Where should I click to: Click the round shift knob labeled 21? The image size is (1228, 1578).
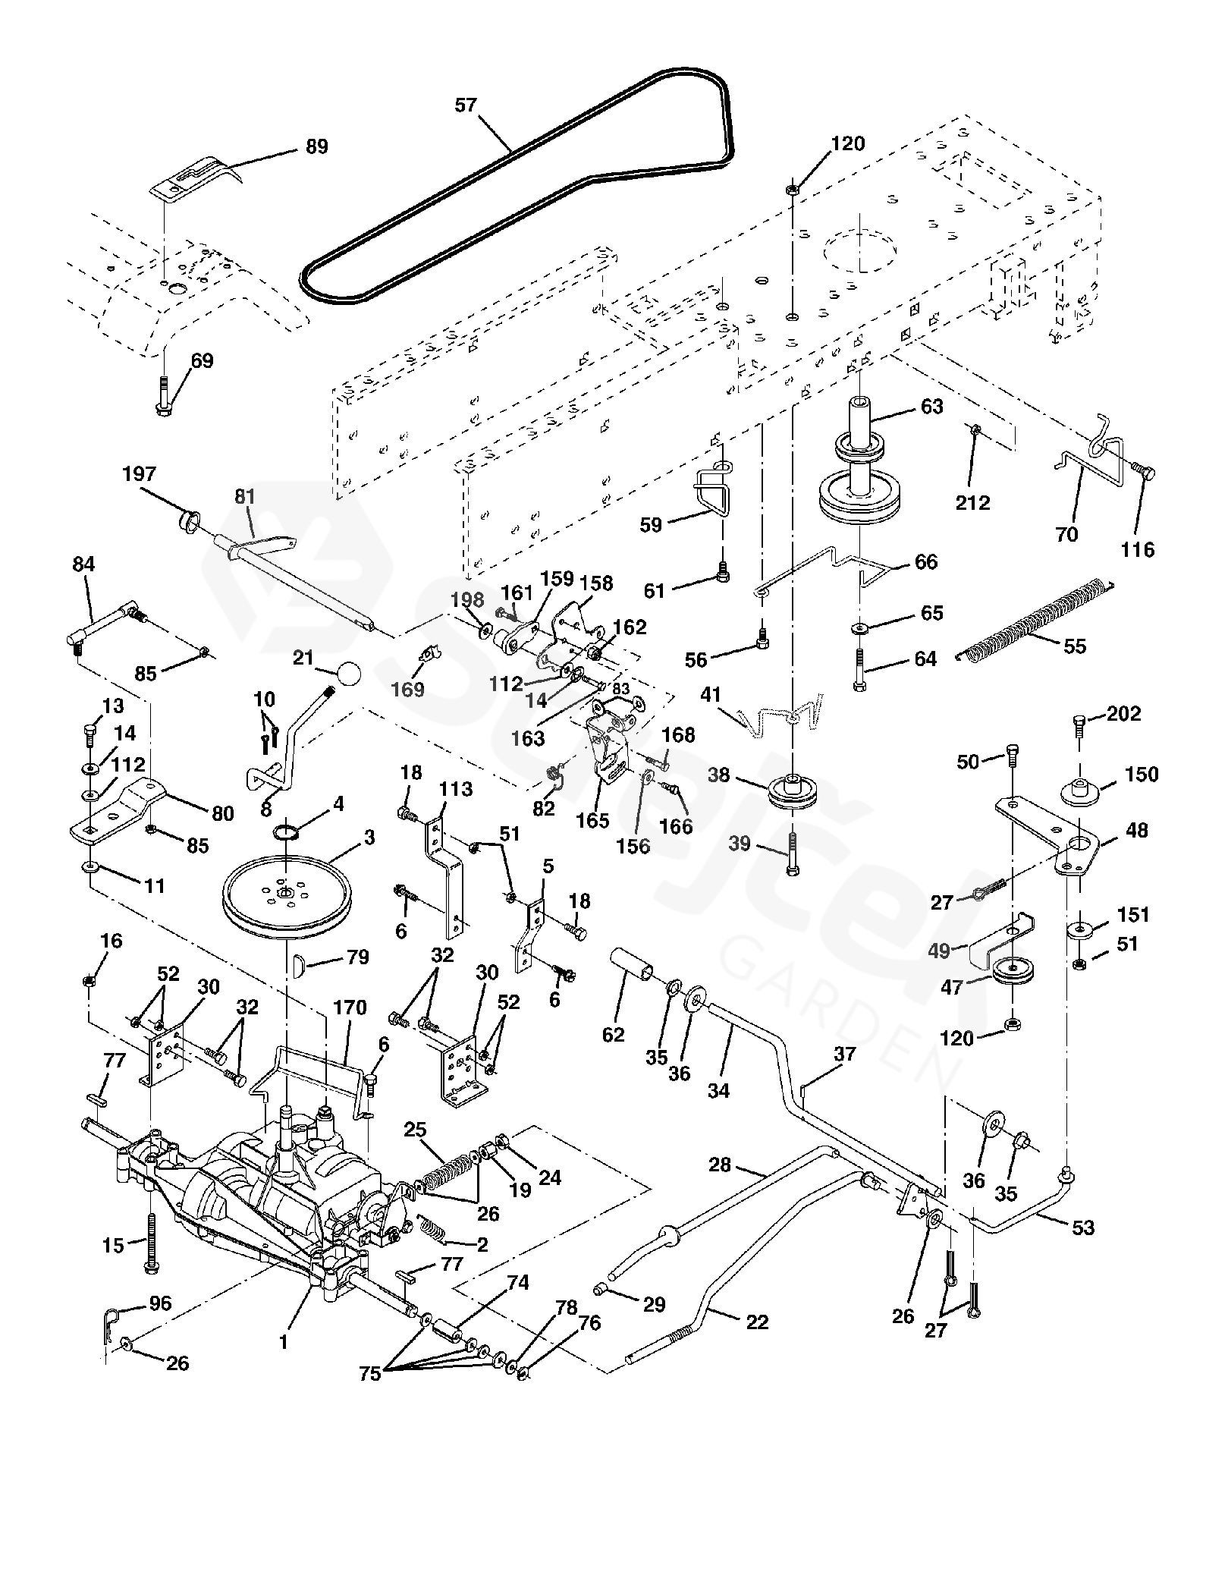pyautogui.click(x=348, y=672)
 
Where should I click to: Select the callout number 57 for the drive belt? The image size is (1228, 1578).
pyautogui.click(x=466, y=105)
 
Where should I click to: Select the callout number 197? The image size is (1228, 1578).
pyautogui.click(x=139, y=475)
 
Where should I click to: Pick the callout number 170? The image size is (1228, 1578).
pyautogui.click(x=350, y=1007)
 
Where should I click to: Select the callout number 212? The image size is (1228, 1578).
pyautogui.click(x=972, y=502)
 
